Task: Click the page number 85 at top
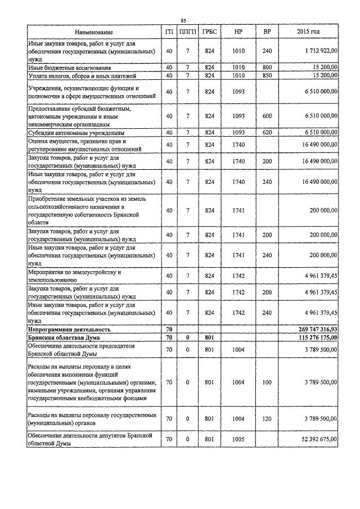[183, 21]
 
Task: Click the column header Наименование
[93, 32]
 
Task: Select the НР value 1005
[238, 439]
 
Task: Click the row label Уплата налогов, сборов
[79, 75]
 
